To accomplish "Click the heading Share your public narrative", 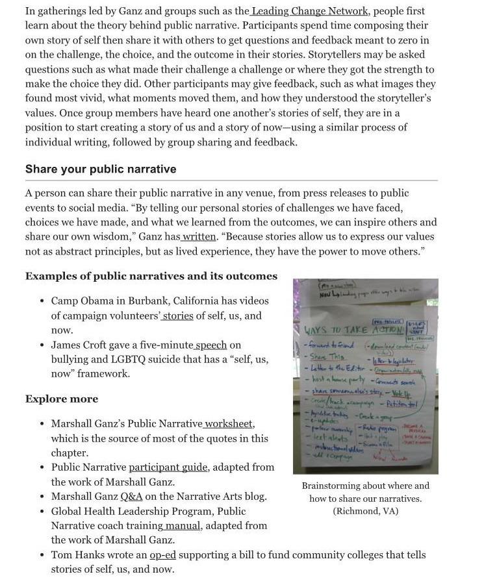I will (x=101, y=169).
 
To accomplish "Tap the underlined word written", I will (x=199, y=237).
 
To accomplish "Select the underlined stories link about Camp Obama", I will (x=178, y=316).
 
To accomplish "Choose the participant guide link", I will (x=168, y=467).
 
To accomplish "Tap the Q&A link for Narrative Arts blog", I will (x=131, y=497).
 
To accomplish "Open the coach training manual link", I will (x=183, y=525).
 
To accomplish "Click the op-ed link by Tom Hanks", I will (x=162, y=555).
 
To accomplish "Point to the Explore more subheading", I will (x=62, y=399).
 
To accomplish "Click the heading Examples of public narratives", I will (x=151, y=276).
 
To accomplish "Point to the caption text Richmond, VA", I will (x=365, y=512).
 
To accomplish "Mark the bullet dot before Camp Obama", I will (x=42, y=301).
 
